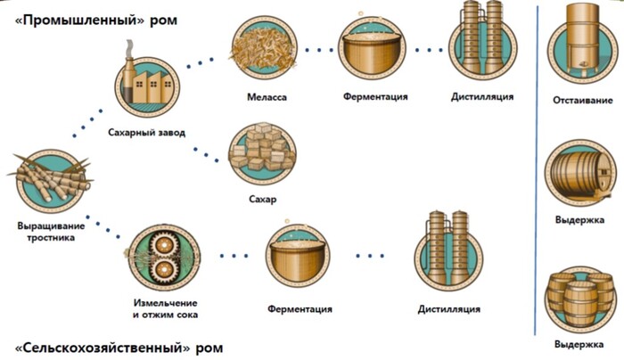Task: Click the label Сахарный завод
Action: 150,134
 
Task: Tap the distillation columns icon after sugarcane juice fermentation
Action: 448,252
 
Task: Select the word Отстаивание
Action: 579,99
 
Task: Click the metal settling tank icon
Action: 580,44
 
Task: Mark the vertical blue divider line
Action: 538,178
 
